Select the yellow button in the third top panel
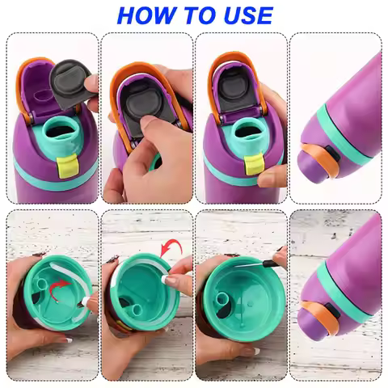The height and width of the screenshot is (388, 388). pos(253,166)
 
